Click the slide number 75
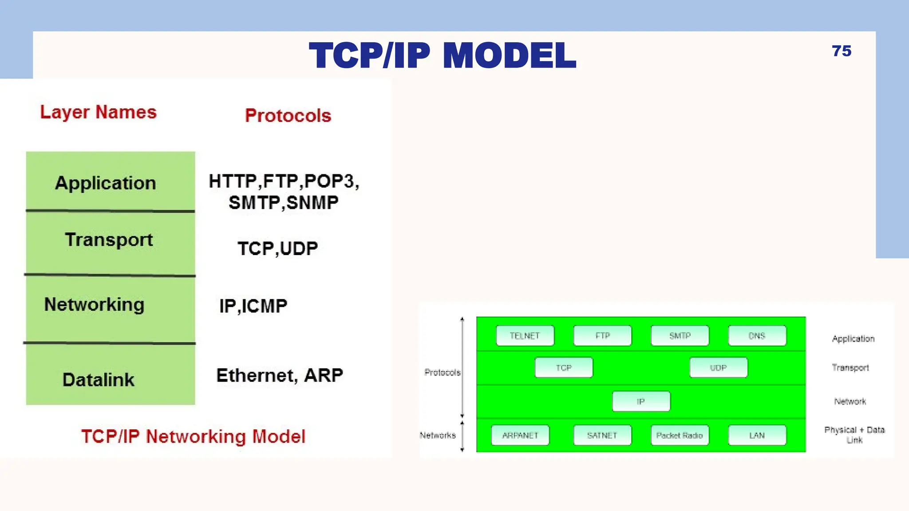[x=841, y=51]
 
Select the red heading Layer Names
[x=98, y=112]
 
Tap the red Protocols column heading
[x=288, y=116]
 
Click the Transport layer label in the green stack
[x=109, y=240]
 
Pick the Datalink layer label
[x=98, y=380]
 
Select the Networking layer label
[x=94, y=305]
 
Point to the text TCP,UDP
[x=277, y=248]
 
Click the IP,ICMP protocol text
[x=253, y=306]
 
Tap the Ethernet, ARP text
[x=280, y=375]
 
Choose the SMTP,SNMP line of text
[x=283, y=203]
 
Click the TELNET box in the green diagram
[x=525, y=336]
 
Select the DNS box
[x=757, y=336]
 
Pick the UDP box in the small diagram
[x=718, y=368]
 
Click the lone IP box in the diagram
[x=640, y=401]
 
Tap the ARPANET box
[x=520, y=435]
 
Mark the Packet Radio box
[x=679, y=435]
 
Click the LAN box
[x=757, y=435]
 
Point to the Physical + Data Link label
[x=854, y=435]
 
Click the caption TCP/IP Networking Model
[x=193, y=436]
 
